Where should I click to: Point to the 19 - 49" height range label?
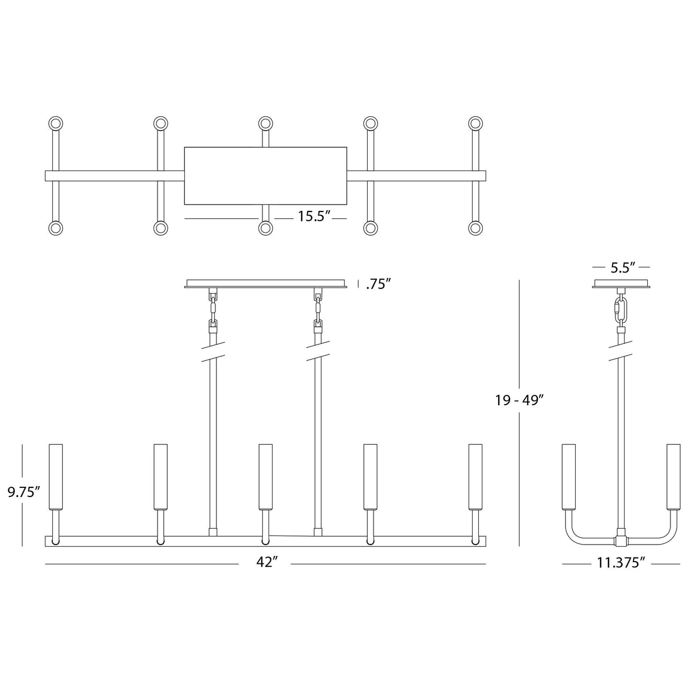pos(519,400)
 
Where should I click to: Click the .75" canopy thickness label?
pos(379,284)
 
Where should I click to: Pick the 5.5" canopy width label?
pos(622,267)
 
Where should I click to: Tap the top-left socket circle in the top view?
pos(56,124)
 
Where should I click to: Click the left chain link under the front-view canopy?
pos(214,309)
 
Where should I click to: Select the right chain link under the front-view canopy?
pos(318,309)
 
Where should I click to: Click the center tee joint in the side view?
pos(622,536)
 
